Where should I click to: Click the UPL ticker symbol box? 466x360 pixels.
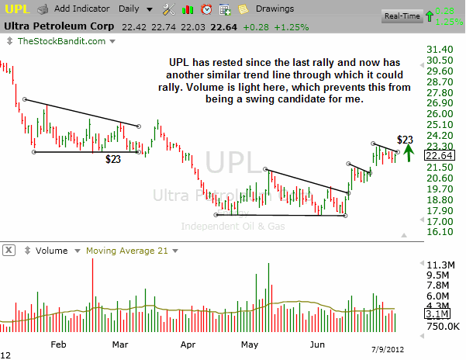click(17, 9)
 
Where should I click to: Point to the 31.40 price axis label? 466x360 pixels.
click(440, 49)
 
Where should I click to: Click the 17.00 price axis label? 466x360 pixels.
click(440, 221)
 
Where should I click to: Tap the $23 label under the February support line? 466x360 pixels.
click(113, 159)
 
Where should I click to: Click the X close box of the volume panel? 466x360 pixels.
click(9, 251)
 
